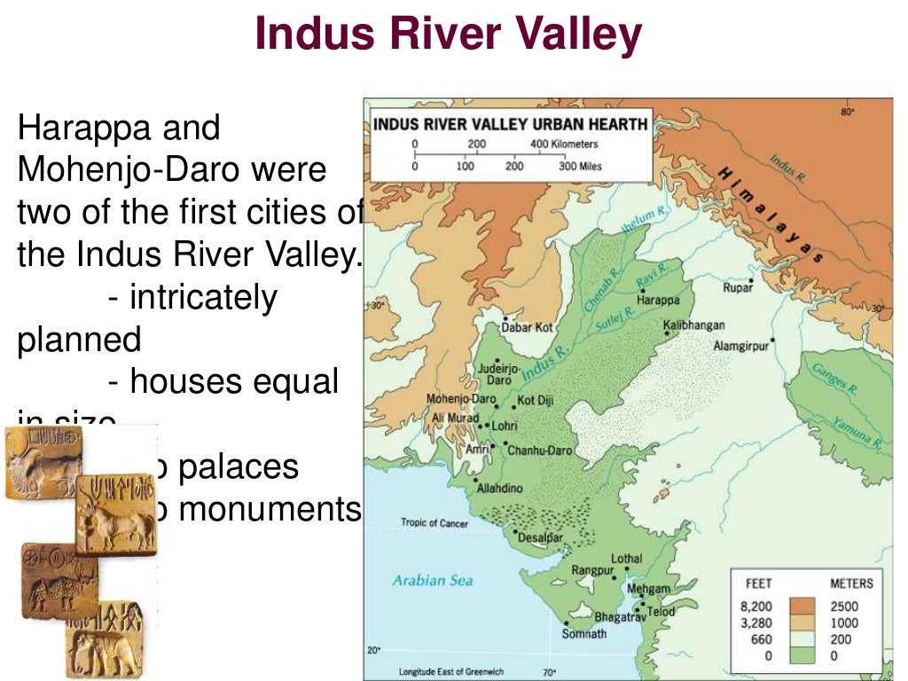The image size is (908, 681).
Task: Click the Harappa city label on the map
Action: (658, 299)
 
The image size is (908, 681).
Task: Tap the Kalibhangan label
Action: (693, 325)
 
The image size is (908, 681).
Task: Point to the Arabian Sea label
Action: (433, 581)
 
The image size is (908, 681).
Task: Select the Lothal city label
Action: (627, 560)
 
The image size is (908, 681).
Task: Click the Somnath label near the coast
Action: (584, 633)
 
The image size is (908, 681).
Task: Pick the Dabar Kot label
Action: (528, 327)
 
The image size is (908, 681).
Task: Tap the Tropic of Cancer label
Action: (434, 523)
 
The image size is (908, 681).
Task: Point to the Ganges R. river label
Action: (837, 376)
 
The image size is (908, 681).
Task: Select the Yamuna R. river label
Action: (855, 430)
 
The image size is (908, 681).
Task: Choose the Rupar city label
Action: (737, 287)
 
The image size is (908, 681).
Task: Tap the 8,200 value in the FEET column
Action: (755, 607)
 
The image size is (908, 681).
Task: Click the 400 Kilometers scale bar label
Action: (564, 144)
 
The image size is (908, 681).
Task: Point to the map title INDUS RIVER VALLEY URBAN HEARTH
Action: (511, 123)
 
